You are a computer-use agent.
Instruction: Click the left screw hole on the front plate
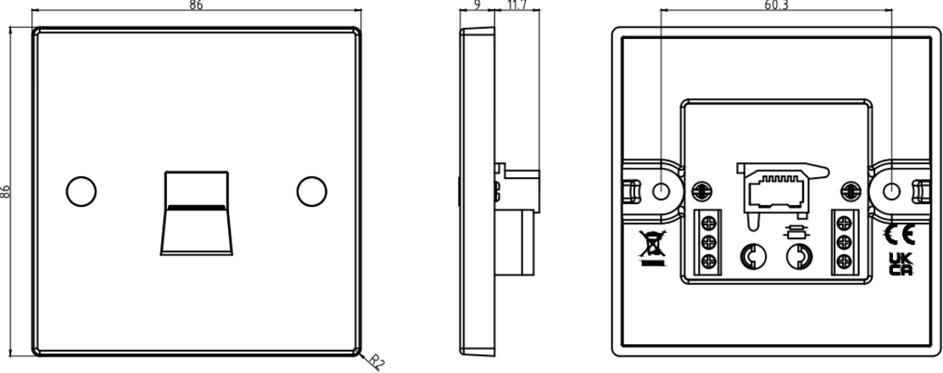click(x=81, y=192)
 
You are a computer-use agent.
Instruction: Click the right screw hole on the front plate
click(x=311, y=192)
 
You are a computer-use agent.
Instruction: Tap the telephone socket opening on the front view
click(x=197, y=213)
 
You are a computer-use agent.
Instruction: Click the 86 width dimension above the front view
click(x=196, y=5)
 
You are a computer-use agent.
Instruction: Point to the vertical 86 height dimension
click(x=5, y=192)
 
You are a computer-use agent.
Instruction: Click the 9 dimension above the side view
click(x=477, y=5)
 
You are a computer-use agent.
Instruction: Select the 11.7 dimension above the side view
click(x=516, y=5)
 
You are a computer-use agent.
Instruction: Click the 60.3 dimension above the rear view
click(x=777, y=5)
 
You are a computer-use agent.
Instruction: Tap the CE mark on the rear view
click(x=900, y=235)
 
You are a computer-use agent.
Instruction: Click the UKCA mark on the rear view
click(x=901, y=264)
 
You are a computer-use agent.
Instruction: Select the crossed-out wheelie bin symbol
click(x=652, y=248)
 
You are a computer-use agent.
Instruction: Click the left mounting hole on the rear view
click(x=661, y=192)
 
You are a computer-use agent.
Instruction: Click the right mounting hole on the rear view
click(x=891, y=192)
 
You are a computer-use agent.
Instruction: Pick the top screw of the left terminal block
click(x=708, y=223)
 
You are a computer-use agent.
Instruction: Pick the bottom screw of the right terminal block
click(x=845, y=261)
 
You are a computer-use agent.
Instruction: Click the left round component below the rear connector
click(x=753, y=257)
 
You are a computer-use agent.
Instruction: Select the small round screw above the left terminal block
click(x=700, y=192)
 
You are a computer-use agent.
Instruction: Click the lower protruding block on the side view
click(x=515, y=242)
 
